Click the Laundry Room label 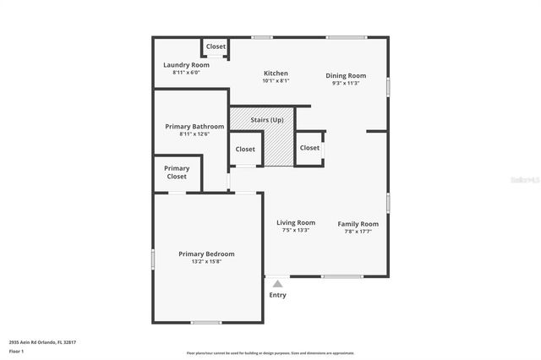click(x=186, y=65)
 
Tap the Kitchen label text click(x=276, y=74)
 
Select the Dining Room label click(x=345, y=75)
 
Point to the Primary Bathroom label click(x=194, y=126)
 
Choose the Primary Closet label click(x=177, y=172)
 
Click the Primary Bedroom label click(x=206, y=254)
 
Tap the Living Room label click(x=295, y=222)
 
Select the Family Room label click(x=358, y=224)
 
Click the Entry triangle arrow click(x=277, y=284)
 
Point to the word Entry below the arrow click(x=277, y=295)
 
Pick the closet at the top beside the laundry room click(x=216, y=46)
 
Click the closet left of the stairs click(x=245, y=149)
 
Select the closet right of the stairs click(x=309, y=148)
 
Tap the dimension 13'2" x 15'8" click(x=206, y=261)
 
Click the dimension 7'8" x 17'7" click(x=358, y=232)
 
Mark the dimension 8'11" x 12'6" click(x=194, y=134)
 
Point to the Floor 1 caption click(x=16, y=350)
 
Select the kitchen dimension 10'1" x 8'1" click(x=276, y=81)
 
